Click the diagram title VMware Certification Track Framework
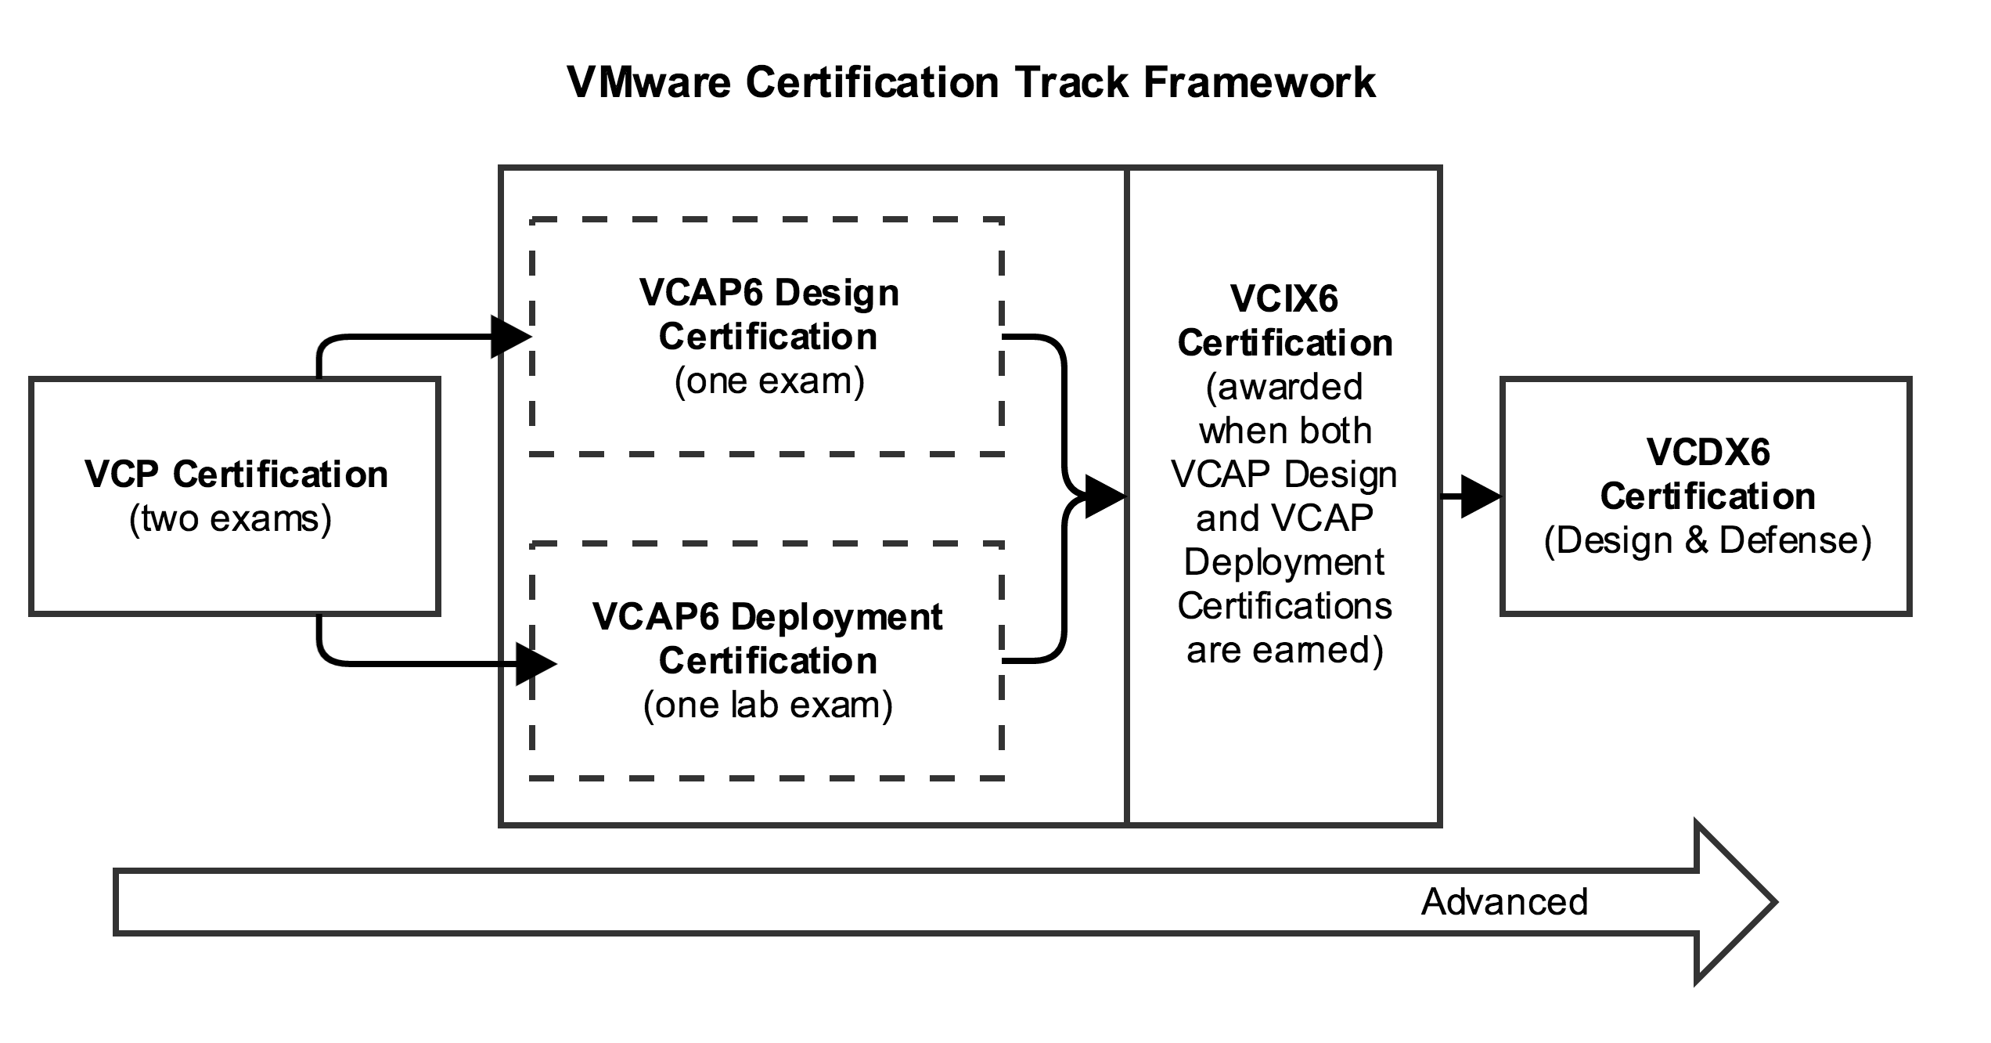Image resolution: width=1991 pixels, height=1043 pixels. tap(971, 82)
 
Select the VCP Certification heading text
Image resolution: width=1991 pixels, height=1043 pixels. tap(236, 475)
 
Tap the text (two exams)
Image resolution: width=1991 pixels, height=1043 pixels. tap(231, 519)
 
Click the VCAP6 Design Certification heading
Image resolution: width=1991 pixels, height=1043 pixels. tap(769, 315)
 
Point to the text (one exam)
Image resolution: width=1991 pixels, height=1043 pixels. tap(769, 381)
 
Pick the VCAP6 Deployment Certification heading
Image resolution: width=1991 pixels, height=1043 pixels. tap(768, 639)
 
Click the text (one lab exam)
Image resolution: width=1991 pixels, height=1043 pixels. tap(768, 706)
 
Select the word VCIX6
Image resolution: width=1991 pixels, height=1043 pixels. tap(1284, 299)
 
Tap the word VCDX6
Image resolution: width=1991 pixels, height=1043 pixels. tap(1708, 453)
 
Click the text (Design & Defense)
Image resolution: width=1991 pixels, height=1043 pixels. tap(1708, 541)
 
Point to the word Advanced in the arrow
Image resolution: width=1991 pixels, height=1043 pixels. tap(1504, 902)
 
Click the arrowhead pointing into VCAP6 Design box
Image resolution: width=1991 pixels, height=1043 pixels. tap(510, 337)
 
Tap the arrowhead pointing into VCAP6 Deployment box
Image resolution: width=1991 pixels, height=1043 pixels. tap(536, 664)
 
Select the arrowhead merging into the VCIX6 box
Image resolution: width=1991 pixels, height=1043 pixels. tap(1104, 496)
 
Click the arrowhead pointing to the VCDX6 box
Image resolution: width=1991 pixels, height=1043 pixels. tap(1480, 496)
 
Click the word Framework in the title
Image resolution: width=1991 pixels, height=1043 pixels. tap(1259, 82)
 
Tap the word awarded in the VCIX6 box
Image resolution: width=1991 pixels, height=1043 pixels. tap(1284, 387)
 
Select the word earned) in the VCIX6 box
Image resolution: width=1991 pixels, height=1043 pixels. tap(1284, 651)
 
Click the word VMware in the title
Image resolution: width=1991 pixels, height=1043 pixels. tap(649, 82)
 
